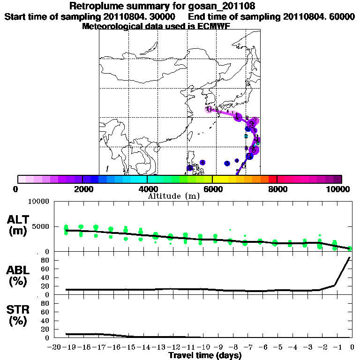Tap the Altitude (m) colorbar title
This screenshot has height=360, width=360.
pyautogui.click(x=174, y=196)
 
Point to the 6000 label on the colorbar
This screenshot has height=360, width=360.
pyautogui.click(x=212, y=189)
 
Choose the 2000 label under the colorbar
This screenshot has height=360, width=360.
pyautogui.click(x=82, y=189)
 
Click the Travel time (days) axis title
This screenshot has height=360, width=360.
pyautogui.click(x=205, y=355)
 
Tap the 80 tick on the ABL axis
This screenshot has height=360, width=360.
pyautogui.click(x=45, y=260)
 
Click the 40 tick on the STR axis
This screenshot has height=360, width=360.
pyautogui.click(x=45, y=321)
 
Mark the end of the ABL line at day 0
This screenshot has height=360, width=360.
pyautogui.click(x=350, y=257)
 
